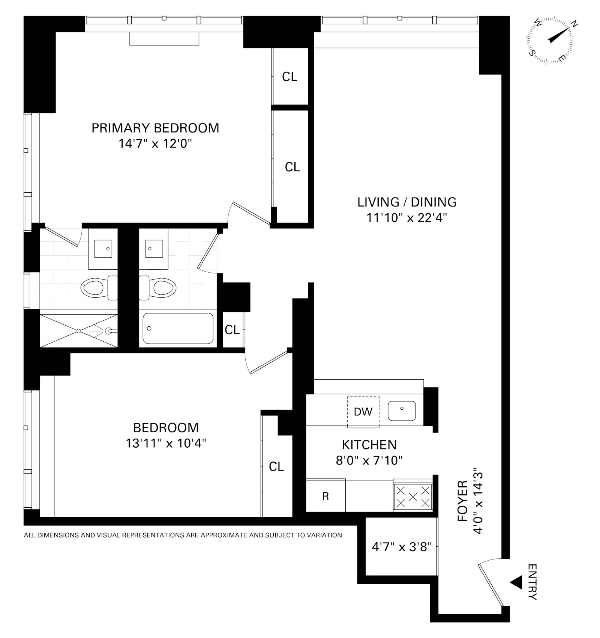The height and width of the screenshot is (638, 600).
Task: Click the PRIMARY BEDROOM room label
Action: click(x=155, y=128)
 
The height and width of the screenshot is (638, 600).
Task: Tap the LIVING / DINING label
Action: click(x=407, y=202)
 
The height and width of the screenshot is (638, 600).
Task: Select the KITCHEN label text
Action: click(x=369, y=445)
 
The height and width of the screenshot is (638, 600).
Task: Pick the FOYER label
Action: click(x=463, y=501)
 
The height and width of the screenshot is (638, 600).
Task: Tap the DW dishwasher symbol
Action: click(x=363, y=412)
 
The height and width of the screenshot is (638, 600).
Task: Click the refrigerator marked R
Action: click(x=325, y=496)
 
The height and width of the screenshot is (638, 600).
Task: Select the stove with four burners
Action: click(x=413, y=496)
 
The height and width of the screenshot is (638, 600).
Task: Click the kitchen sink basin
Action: click(x=402, y=411)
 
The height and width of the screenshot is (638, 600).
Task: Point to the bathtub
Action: click(x=178, y=329)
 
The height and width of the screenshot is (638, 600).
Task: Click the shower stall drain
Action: click(x=79, y=331)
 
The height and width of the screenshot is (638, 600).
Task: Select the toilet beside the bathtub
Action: click(x=157, y=288)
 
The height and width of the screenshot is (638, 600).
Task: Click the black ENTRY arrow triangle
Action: click(x=516, y=583)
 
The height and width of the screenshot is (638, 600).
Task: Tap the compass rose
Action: click(x=550, y=41)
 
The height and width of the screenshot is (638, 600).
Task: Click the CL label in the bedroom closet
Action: click(x=276, y=466)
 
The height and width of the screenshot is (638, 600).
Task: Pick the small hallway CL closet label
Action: click(x=232, y=330)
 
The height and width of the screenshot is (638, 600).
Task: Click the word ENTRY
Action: click(x=532, y=582)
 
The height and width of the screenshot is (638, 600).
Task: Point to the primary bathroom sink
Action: click(x=103, y=248)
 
